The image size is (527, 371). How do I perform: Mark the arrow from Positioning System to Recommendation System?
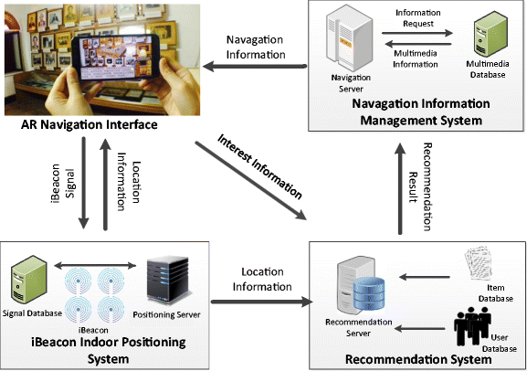tap(259, 300)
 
